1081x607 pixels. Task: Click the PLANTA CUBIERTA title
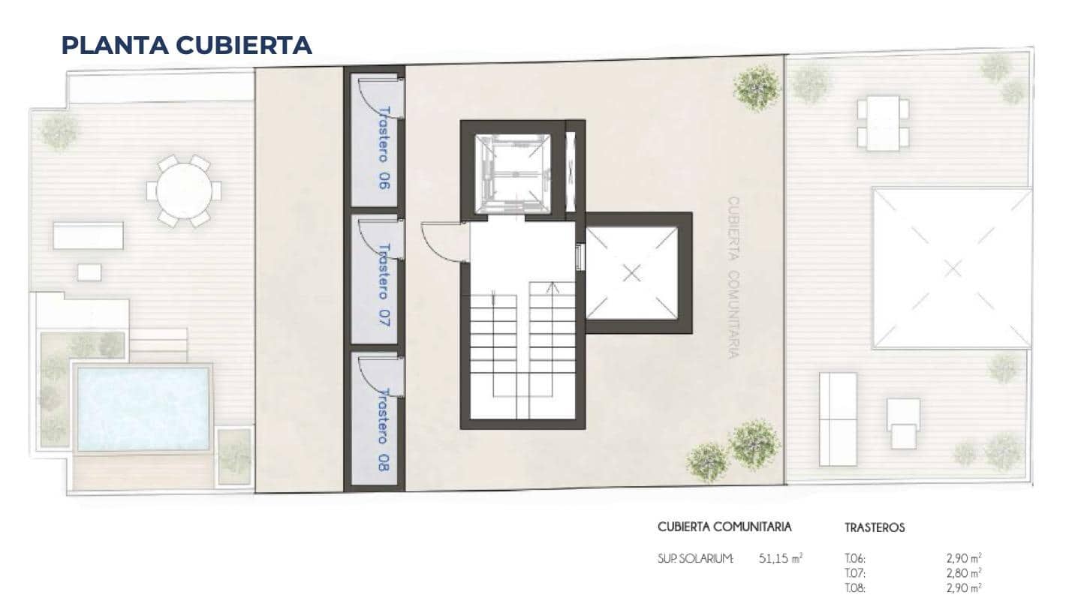[x=186, y=45]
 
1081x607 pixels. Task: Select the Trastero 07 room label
[x=384, y=284]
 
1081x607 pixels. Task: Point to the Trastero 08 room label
[x=384, y=429]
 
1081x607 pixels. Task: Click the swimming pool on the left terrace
[x=143, y=408]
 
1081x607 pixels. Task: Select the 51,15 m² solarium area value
[x=781, y=558]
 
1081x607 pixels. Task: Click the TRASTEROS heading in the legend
[x=875, y=527]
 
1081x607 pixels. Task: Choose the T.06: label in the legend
[x=855, y=558]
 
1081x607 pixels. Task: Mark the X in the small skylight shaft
[x=632, y=273]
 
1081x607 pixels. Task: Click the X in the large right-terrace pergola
[x=953, y=268]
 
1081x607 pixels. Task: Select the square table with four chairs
[x=883, y=122]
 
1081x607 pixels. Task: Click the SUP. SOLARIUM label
[x=694, y=558]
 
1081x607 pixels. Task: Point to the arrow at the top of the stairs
[x=553, y=286]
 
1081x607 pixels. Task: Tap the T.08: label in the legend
[x=855, y=589]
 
